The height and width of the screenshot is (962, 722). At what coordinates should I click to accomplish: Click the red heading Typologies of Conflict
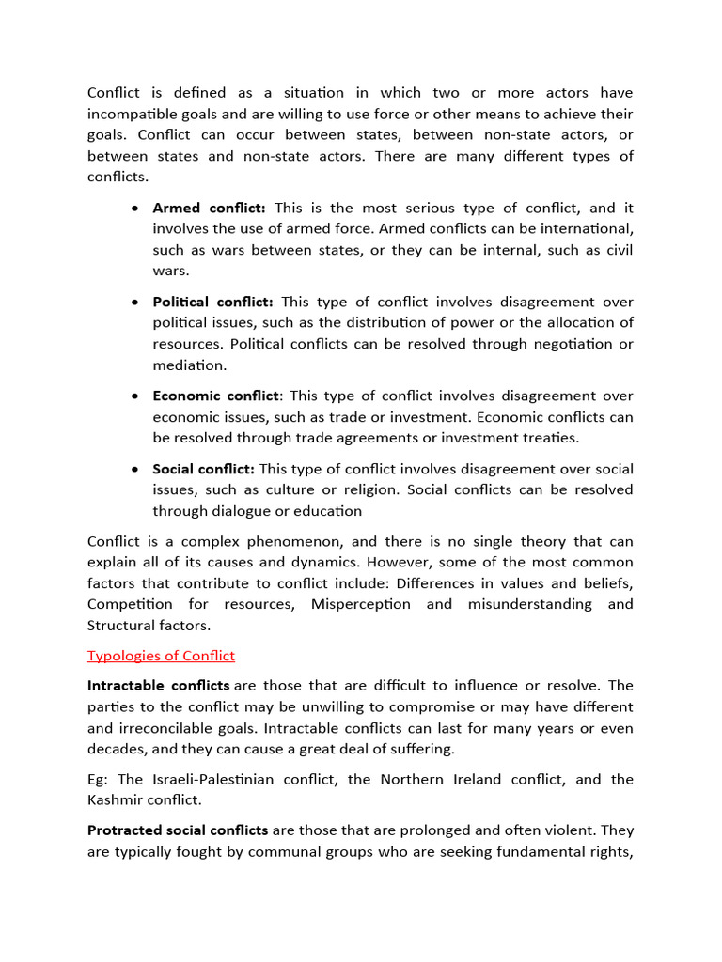click(x=161, y=656)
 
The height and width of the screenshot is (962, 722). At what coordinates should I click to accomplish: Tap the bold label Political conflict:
click(x=213, y=302)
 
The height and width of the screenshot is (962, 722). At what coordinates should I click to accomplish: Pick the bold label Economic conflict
click(x=216, y=396)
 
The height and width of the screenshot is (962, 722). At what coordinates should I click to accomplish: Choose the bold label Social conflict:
click(x=204, y=468)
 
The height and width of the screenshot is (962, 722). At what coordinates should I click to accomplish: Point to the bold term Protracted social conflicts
click(x=178, y=830)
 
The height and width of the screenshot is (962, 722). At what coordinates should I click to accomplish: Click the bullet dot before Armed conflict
click(x=137, y=209)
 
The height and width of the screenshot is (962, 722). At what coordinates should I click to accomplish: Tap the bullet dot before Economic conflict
click(x=137, y=396)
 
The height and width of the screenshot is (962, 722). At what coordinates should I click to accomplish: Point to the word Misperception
click(x=361, y=603)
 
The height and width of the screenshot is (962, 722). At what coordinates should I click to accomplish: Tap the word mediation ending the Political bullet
click(x=190, y=365)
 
